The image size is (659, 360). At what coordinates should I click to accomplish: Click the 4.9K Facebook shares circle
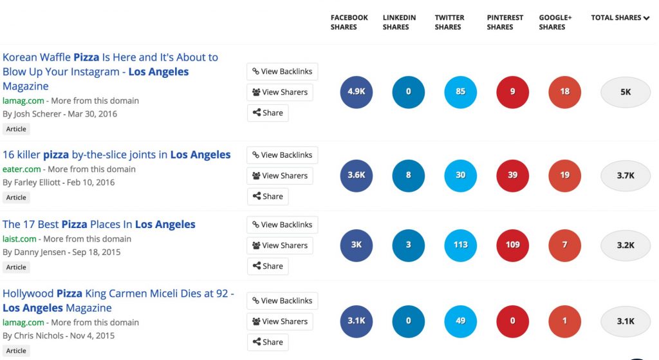[357, 92]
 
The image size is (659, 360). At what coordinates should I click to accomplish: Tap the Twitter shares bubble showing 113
[461, 245]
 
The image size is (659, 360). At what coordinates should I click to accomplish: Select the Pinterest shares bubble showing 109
[513, 245]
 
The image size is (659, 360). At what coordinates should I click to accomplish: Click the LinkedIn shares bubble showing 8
[409, 175]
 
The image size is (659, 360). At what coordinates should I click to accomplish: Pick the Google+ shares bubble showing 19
[565, 175]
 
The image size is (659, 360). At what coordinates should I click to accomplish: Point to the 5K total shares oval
[626, 92]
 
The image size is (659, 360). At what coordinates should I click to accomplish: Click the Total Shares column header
[620, 18]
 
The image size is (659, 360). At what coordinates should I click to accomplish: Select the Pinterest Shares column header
[505, 23]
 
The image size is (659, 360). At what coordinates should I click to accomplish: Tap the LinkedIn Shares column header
[399, 23]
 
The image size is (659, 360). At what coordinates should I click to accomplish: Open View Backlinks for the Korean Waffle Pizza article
[282, 71]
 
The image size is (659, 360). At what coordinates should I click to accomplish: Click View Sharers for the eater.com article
[279, 176]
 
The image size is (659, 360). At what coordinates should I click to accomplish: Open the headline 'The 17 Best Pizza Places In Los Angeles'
[99, 225]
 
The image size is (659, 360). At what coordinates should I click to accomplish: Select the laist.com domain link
[19, 239]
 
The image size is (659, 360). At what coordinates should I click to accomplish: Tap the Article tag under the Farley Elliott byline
[16, 198]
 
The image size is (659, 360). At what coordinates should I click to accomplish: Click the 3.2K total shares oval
[626, 245]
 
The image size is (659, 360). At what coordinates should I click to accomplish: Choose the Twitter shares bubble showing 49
[461, 321]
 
